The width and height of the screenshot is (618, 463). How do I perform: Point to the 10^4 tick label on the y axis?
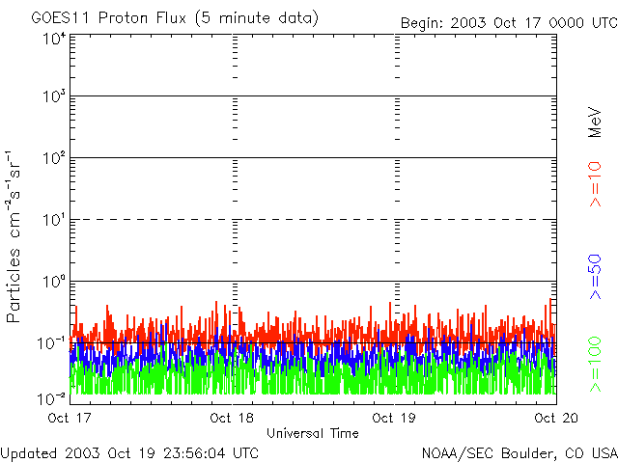click(54, 40)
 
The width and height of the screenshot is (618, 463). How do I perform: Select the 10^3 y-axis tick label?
click(54, 97)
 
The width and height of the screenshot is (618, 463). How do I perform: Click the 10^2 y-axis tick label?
click(54, 159)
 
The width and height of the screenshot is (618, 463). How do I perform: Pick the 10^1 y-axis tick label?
click(54, 220)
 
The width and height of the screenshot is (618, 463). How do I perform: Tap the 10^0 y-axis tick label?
click(54, 282)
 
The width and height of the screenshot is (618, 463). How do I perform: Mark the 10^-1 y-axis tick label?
click(52, 342)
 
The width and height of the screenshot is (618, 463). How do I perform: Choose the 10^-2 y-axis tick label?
click(52, 398)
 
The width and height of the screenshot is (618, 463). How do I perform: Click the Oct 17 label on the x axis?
click(70, 418)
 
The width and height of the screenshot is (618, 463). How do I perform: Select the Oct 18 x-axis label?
click(232, 418)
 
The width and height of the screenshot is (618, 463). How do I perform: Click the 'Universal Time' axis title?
click(312, 433)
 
